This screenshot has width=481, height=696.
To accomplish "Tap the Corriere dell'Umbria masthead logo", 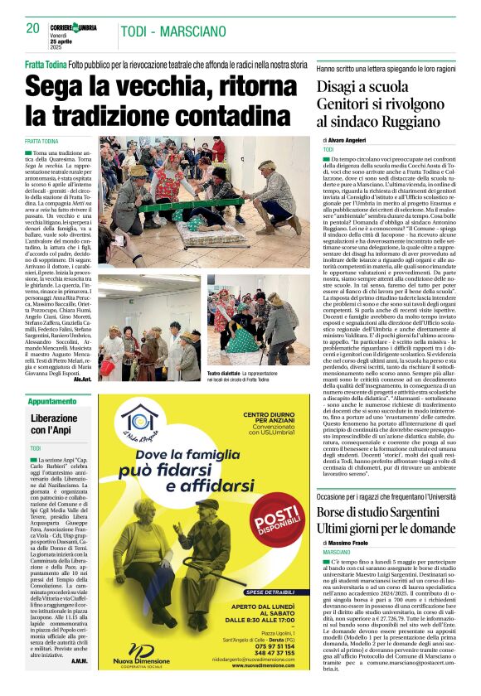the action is pyautogui.click(x=79, y=27).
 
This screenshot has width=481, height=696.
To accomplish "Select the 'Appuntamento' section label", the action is pyautogui.click(x=51, y=401).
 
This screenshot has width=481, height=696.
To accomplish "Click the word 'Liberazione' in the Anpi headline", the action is pyautogui.click(x=53, y=418).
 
